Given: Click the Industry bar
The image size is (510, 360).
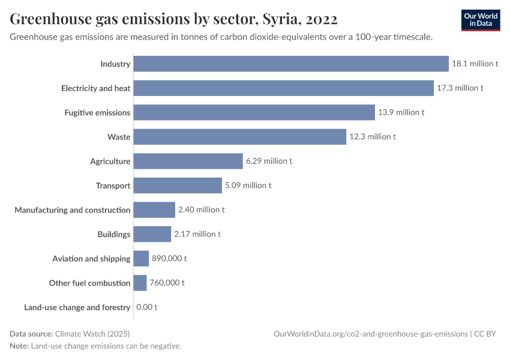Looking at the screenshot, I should pos(291,64).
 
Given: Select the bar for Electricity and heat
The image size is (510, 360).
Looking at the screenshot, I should pos(283,88).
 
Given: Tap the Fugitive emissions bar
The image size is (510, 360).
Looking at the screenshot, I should pos(254,112).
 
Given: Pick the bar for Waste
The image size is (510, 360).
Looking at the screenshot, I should pos(239,137).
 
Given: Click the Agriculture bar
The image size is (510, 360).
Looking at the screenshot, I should pos(188,161).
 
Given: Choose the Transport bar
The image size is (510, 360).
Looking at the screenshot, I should pos(178,185).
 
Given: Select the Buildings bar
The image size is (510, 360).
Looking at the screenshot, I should pos(152,234).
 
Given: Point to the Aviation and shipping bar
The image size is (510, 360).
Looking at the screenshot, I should pos(141,259).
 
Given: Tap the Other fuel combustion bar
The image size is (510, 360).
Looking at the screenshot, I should pos(140,283).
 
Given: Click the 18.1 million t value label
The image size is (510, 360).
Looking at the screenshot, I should pos(475,64).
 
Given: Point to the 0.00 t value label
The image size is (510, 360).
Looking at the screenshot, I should pos(147,307).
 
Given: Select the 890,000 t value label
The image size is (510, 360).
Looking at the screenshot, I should pos(169,259).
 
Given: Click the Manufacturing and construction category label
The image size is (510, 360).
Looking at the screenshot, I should pos(73,210).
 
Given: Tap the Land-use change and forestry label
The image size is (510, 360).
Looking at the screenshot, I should pos(77,307).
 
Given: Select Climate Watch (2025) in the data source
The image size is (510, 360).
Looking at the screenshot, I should pos(92,334).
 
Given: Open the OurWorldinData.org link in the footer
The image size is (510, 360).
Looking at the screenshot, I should pos(370,334).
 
